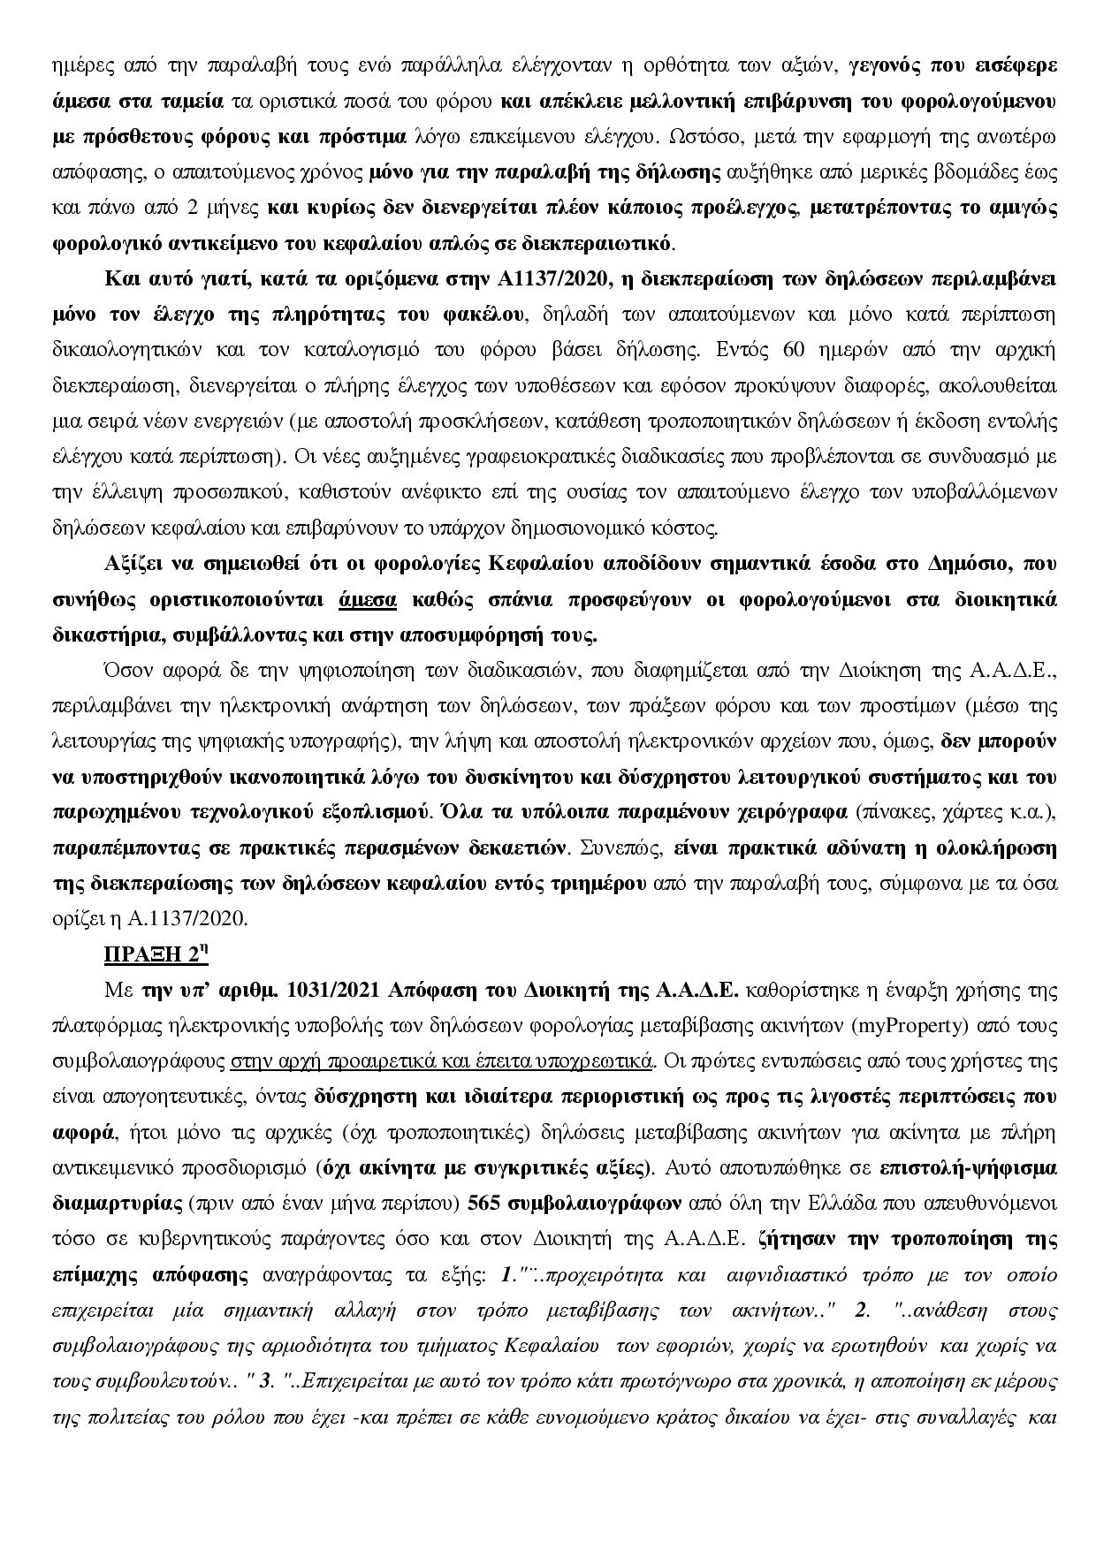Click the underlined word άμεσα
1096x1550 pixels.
(368, 600)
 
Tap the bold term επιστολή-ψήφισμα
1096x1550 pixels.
(969, 1167)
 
